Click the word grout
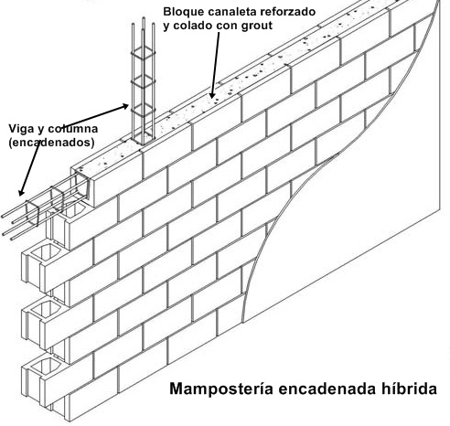point(257,27)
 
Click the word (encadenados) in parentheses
point(51,143)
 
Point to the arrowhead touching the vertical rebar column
point(124,106)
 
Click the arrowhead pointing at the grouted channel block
point(212,95)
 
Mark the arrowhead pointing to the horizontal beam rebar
point(21,192)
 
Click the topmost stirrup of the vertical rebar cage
point(144,53)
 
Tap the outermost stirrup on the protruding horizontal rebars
point(32,213)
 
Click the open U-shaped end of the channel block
point(82,184)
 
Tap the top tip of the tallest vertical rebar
point(144,17)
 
